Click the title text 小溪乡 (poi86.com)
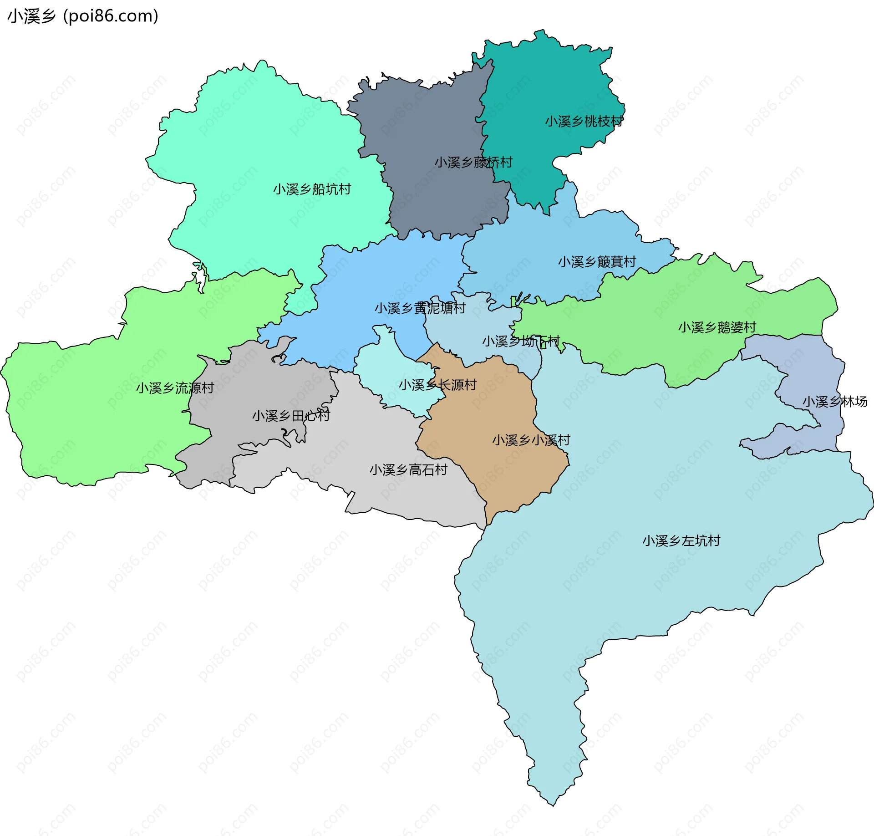click(83, 16)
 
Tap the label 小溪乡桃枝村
click(584, 122)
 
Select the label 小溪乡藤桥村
click(473, 162)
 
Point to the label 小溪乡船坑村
click(312, 189)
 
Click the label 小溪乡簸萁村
click(597, 262)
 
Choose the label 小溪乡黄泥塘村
click(420, 308)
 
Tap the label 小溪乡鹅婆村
click(717, 327)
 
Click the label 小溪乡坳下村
click(521, 341)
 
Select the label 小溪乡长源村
click(437, 385)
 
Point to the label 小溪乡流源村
click(175, 388)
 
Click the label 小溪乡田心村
click(291, 416)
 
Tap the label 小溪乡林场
click(834, 402)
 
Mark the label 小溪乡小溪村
click(531, 440)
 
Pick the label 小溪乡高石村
click(408, 470)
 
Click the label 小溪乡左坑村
click(681, 541)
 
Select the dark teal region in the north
click(546, 82)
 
